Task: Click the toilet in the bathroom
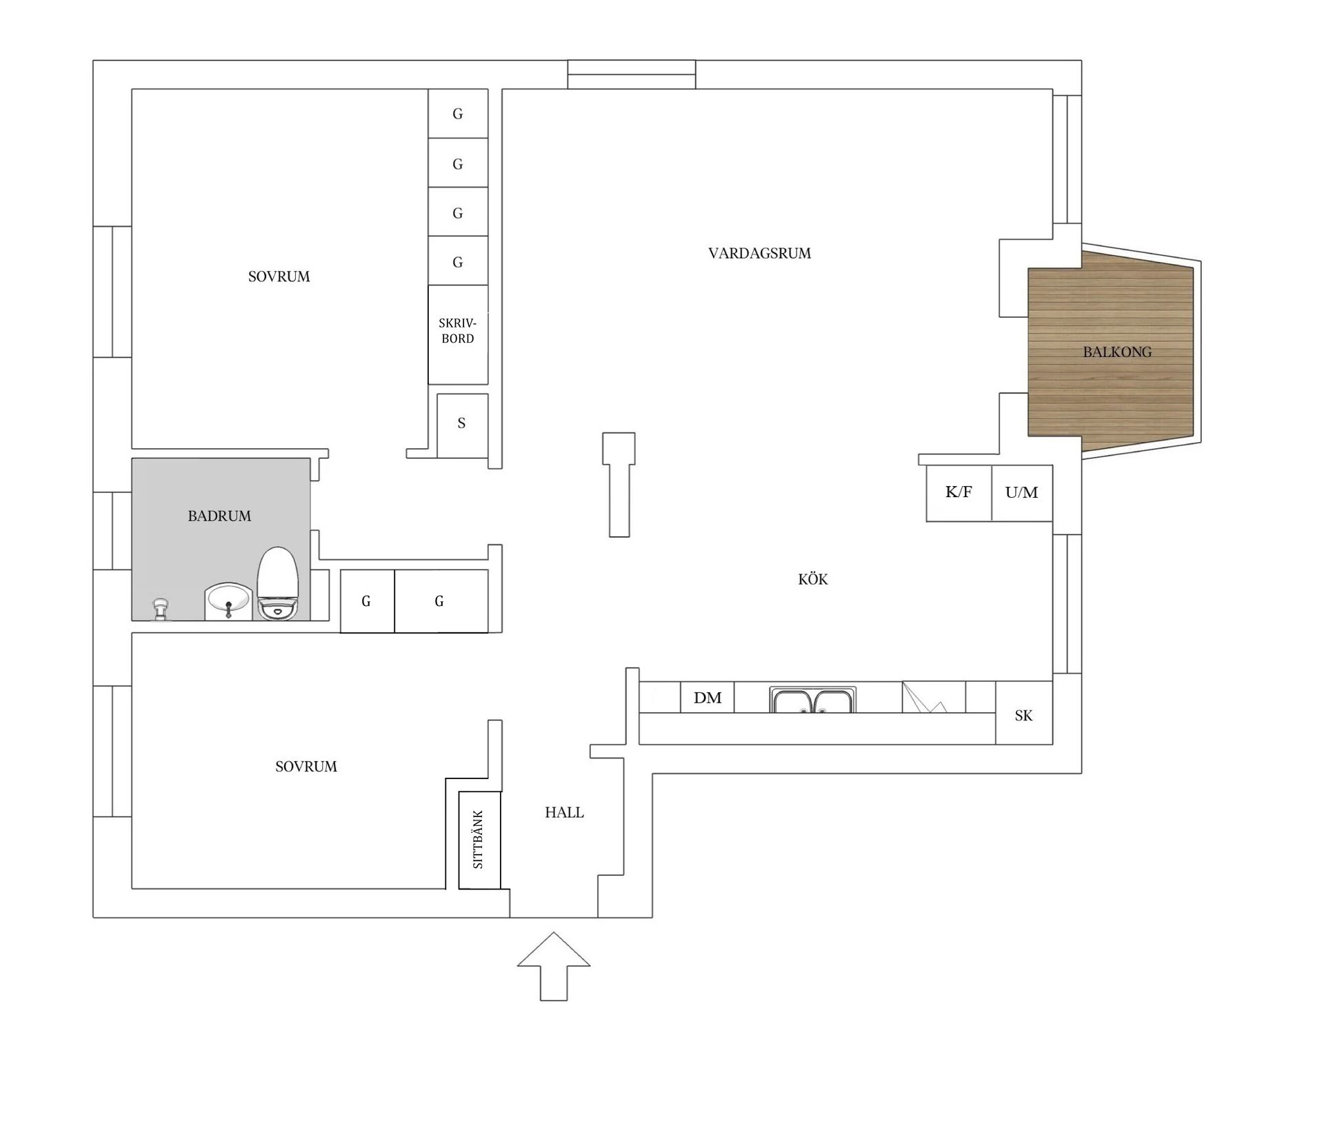click(x=278, y=583)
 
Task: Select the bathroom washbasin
click(x=228, y=601)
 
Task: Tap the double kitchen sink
click(x=813, y=699)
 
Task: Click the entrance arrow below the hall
click(x=554, y=966)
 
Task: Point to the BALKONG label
click(x=1117, y=352)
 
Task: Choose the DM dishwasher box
click(x=708, y=697)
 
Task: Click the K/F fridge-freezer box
click(x=959, y=493)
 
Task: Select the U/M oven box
click(x=1022, y=493)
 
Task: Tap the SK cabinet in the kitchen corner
click(x=1024, y=713)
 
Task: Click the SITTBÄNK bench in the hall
click(x=479, y=840)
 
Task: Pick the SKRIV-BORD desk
click(x=458, y=334)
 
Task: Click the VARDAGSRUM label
click(x=759, y=253)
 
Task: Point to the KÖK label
click(x=813, y=579)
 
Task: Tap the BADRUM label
click(x=219, y=516)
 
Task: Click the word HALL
click(x=564, y=812)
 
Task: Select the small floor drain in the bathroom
click(x=161, y=609)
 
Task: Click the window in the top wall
click(x=632, y=74)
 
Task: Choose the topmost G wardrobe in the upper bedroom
click(x=458, y=114)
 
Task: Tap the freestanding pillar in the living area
click(x=619, y=484)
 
